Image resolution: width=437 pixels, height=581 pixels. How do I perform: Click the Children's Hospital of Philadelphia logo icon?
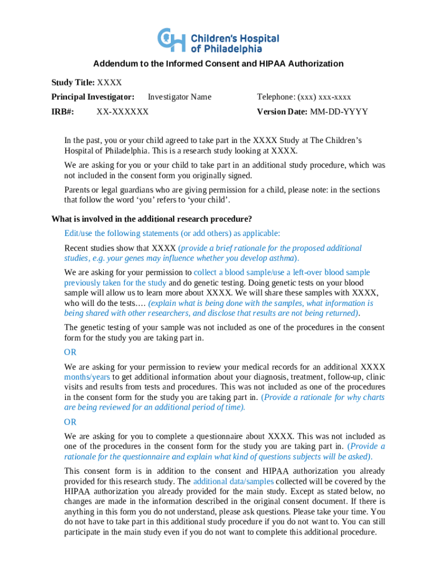[171, 39]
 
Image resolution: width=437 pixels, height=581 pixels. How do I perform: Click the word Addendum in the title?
[115, 64]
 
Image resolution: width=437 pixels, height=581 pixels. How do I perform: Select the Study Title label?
[73, 83]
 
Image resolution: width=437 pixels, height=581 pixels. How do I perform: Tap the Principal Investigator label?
[93, 97]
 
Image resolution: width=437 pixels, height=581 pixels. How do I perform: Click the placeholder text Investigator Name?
[179, 97]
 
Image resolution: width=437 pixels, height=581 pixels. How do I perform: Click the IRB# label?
[62, 112]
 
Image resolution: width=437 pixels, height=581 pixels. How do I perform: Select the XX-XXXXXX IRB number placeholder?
[123, 112]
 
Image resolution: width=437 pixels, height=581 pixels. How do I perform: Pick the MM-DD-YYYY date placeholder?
[339, 112]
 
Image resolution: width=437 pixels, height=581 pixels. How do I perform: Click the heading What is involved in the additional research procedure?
[152, 219]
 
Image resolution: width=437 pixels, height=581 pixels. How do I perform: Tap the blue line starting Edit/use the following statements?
[172, 234]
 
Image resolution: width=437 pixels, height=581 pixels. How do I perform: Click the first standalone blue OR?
[70, 352]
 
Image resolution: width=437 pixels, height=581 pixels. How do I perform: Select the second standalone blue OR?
[70, 422]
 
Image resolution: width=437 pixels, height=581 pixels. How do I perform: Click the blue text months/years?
[87, 377]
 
